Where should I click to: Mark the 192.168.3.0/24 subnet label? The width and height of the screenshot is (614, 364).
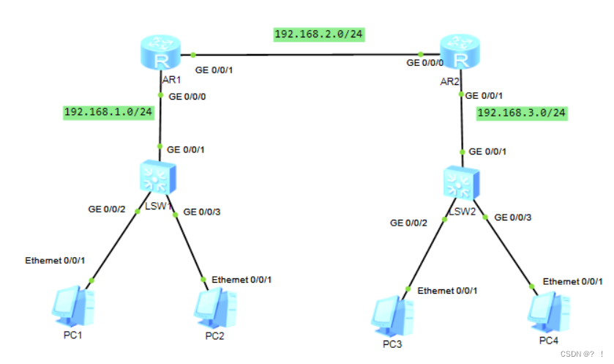522,113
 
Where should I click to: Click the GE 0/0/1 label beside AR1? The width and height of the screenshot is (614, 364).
217,70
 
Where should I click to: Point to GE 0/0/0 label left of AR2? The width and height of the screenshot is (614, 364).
424,63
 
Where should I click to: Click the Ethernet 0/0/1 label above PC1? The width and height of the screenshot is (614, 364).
55,261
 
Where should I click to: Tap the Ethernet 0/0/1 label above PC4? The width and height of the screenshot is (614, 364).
573,281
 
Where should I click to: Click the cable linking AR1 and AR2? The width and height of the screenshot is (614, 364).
307,54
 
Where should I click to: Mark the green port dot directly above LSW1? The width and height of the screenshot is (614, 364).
159,146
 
